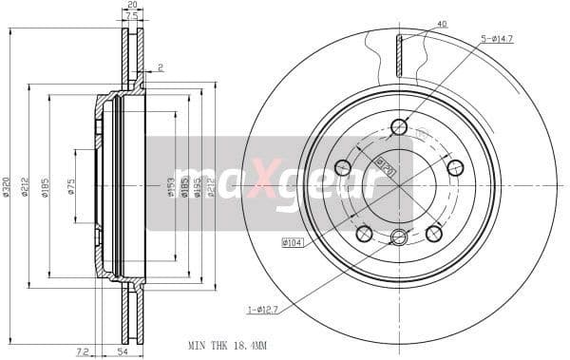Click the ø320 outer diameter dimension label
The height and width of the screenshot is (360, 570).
tap(7, 186)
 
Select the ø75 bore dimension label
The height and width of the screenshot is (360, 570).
tap(71, 186)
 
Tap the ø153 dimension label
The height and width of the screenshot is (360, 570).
tap(171, 186)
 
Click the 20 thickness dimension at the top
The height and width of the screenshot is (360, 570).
tap(131, 6)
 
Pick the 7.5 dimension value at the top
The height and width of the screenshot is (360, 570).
tap(131, 16)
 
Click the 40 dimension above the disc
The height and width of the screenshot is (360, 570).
tap(415, 24)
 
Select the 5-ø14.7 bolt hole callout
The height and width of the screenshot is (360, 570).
tap(499, 39)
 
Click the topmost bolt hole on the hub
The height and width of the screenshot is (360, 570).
tap(399, 126)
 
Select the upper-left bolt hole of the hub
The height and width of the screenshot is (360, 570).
tap(343, 168)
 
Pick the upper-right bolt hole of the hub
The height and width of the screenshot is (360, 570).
tap(455, 168)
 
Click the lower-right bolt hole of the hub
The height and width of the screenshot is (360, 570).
tap(434, 234)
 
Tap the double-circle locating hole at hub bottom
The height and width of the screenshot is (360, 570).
tap(399, 237)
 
